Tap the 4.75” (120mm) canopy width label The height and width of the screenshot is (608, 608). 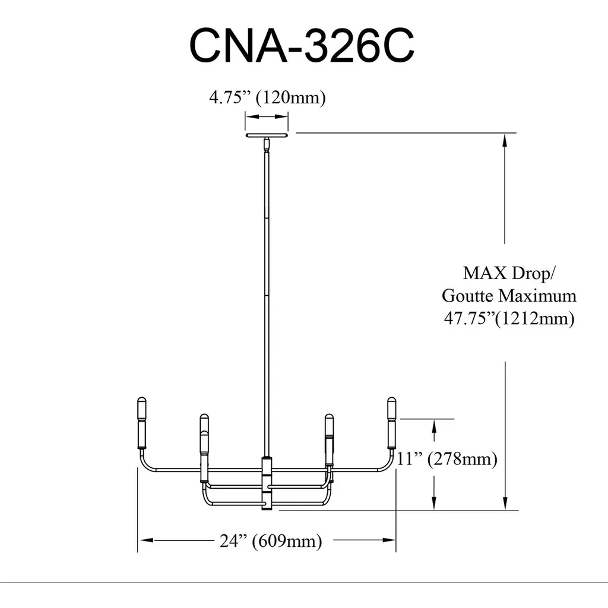[x=267, y=97]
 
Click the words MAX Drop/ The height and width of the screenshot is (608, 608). [x=509, y=274]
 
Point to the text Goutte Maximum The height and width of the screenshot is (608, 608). [x=509, y=296]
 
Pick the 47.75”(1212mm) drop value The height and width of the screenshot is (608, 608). [x=509, y=319]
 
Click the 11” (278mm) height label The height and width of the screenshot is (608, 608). [x=446, y=459]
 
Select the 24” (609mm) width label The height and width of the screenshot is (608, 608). [x=271, y=541]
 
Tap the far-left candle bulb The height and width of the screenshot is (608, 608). [x=142, y=408]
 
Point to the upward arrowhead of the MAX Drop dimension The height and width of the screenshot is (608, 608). [x=505, y=140]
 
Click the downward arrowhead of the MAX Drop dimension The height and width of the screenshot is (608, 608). [x=505, y=503]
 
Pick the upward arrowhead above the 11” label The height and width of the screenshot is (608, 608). [x=435, y=425]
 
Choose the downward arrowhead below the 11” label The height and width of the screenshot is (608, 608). [x=435, y=503]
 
